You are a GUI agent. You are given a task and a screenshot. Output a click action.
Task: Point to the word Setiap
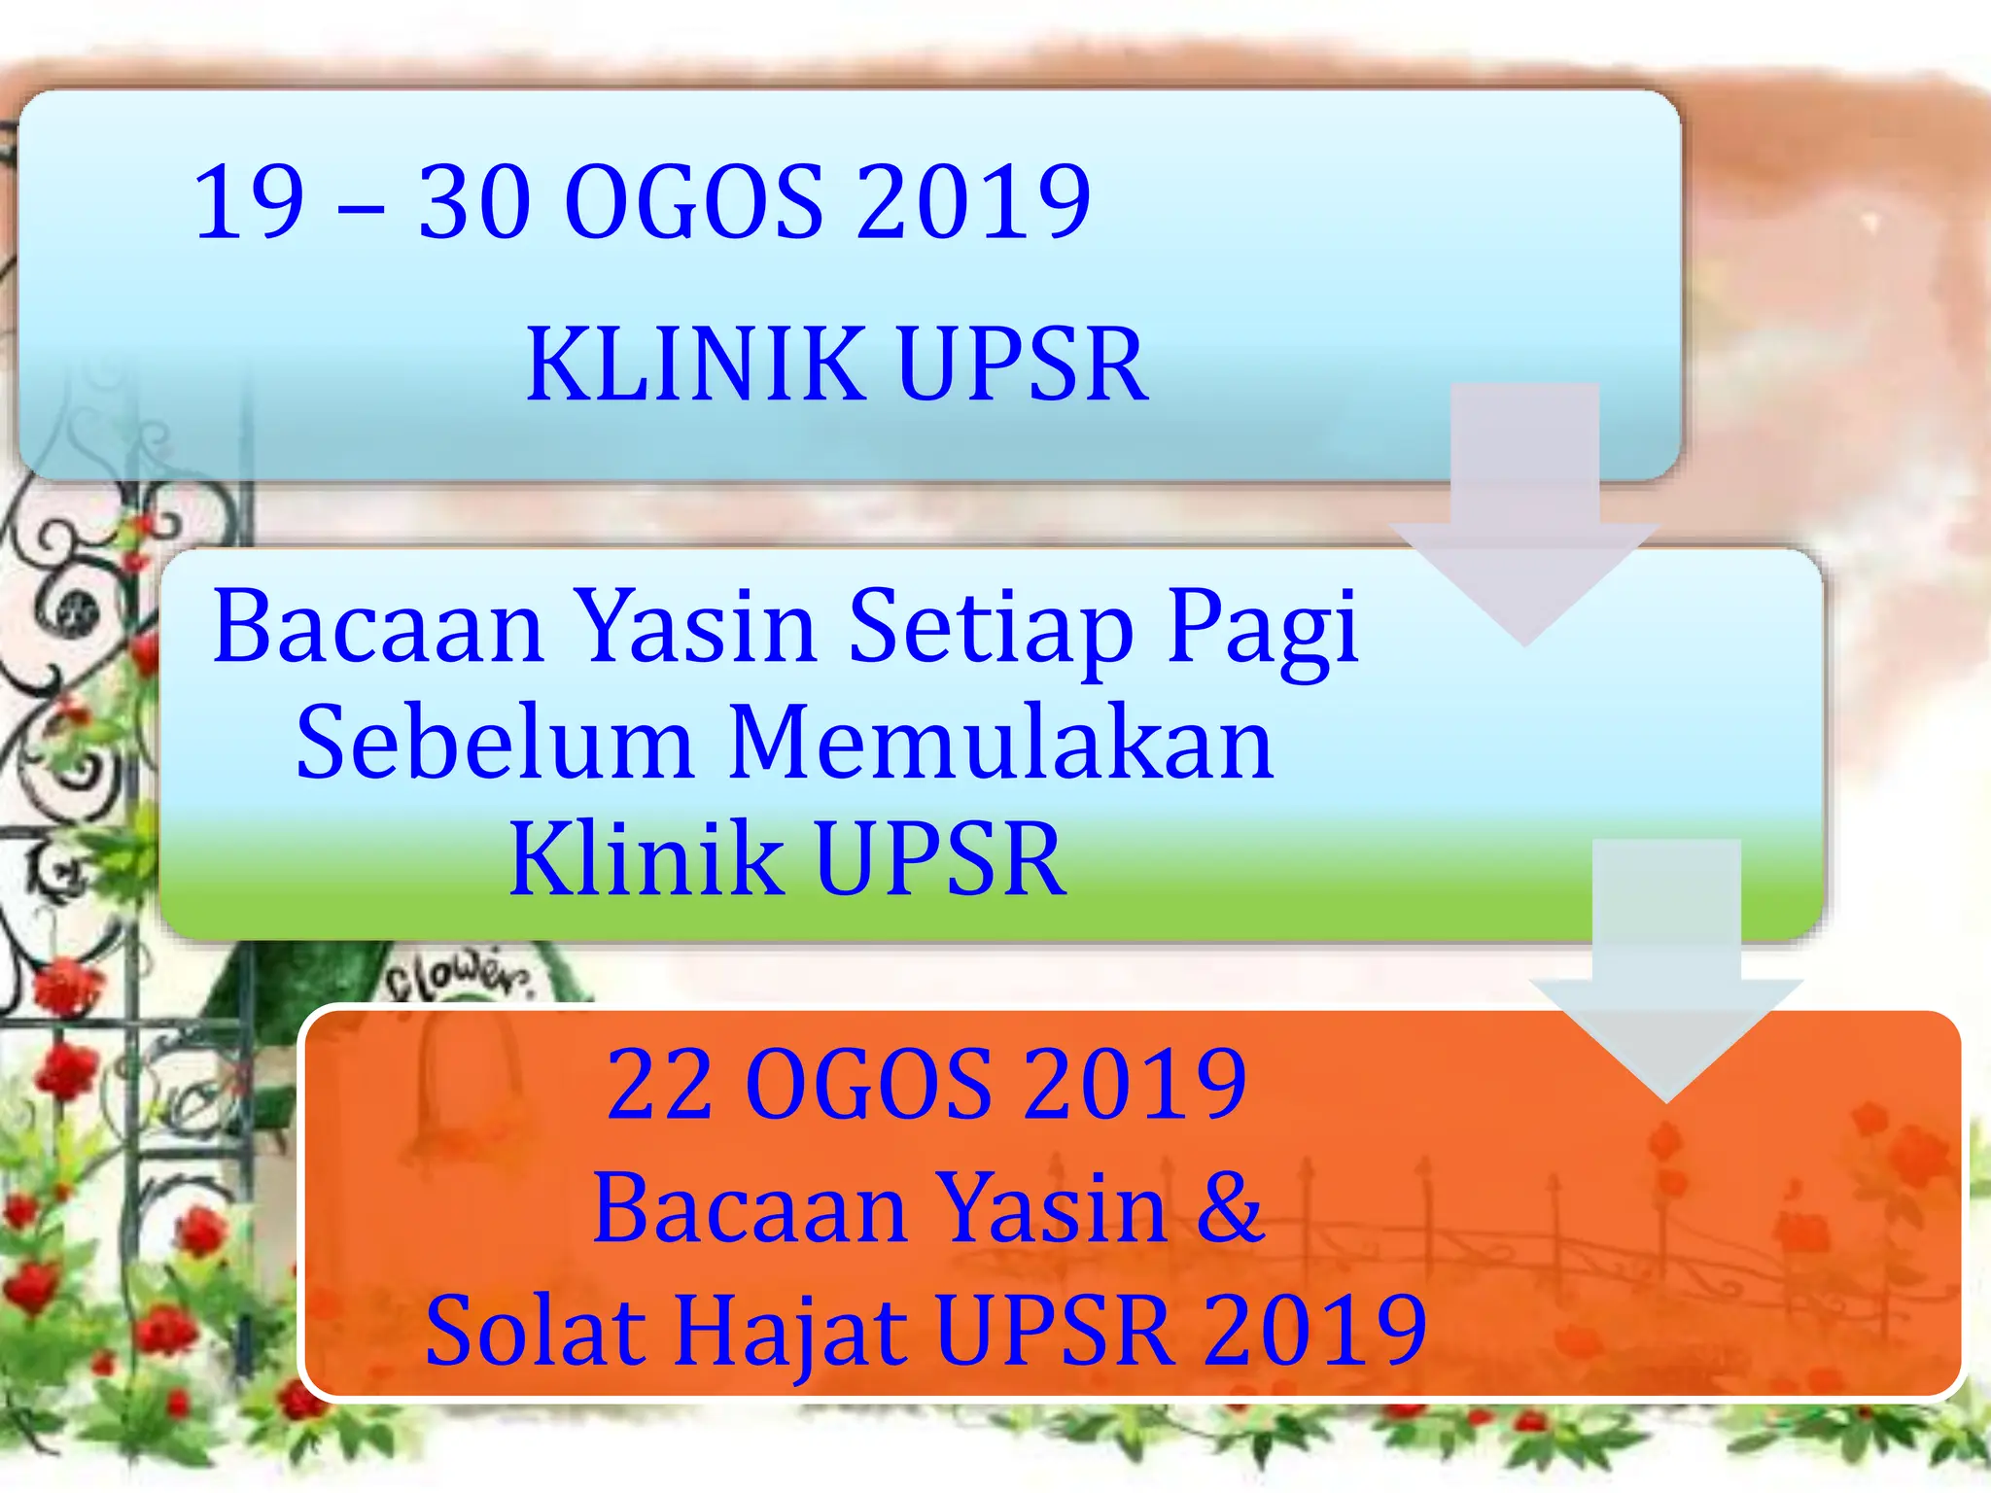991,627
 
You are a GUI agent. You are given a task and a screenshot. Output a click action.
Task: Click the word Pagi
1262,630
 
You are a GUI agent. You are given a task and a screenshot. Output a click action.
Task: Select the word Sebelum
494,744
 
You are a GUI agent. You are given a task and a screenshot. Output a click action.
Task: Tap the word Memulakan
1001,744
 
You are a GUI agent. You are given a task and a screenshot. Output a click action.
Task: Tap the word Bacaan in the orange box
750,1208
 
